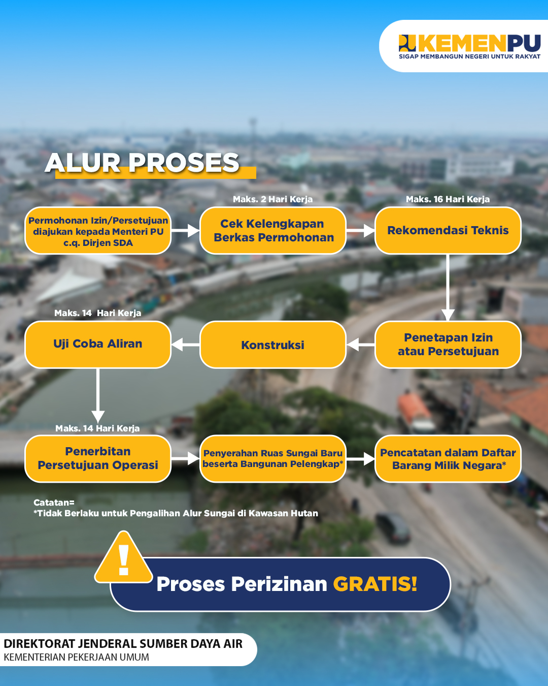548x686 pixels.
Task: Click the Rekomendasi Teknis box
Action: [448, 231]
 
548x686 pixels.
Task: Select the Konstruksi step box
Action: [273, 345]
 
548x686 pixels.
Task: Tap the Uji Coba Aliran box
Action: [98, 345]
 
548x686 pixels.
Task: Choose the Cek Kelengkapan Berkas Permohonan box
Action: [273, 231]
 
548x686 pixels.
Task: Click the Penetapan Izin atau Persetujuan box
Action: [448, 345]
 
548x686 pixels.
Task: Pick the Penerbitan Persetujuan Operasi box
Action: [98, 459]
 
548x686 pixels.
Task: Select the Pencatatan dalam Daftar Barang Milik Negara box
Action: [448, 459]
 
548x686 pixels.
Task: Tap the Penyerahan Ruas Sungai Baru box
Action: [273, 459]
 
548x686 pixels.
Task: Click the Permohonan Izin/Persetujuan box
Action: [98, 231]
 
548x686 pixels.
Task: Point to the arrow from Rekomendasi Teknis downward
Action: [448, 288]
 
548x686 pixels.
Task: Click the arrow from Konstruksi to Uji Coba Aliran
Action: [186, 345]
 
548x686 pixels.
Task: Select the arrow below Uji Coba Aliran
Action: [98, 396]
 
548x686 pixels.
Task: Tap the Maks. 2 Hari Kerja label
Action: [272, 199]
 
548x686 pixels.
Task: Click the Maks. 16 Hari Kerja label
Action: [448, 199]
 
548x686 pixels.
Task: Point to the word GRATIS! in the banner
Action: [375, 584]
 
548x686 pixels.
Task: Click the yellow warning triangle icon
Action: [123, 558]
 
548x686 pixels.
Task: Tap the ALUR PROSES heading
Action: [142, 163]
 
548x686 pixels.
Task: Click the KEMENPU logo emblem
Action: [407, 43]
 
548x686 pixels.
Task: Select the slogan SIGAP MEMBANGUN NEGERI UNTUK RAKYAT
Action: [470, 56]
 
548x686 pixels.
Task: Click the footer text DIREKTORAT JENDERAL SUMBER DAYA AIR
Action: [123, 644]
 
